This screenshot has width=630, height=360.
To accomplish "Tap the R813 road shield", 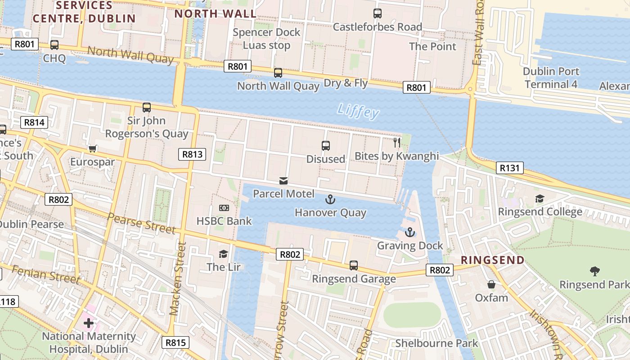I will [192, 154].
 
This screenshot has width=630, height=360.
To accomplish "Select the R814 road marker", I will [34, 122].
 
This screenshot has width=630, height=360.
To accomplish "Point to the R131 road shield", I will [510, 168].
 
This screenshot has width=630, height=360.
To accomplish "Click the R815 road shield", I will [175, 342].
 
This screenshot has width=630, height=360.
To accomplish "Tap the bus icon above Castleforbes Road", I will [378, 13].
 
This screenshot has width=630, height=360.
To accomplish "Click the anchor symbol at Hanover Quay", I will [331, 199].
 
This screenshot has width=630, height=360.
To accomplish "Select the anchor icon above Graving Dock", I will [409, 232].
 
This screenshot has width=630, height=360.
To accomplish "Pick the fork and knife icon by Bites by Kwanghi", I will [397, 143].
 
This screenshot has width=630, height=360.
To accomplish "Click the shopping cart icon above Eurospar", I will [93, 148].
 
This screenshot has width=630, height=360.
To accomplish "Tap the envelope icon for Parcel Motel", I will [283, 181].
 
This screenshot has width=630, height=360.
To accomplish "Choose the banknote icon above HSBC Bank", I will [224, 207].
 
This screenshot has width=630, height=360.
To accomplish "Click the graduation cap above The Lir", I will [223, 254].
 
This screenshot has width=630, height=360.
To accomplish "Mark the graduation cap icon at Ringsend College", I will [540, 198].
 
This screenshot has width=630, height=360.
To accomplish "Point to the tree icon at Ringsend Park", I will [594, 271].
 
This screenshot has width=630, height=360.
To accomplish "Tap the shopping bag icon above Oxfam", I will [491, 284].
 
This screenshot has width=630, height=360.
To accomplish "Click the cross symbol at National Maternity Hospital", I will [89, 323].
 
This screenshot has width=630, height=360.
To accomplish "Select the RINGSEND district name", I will [493, 260].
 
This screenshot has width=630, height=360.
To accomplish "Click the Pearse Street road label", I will [141, 223].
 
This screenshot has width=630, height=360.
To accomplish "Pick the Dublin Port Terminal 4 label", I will [551, 78].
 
